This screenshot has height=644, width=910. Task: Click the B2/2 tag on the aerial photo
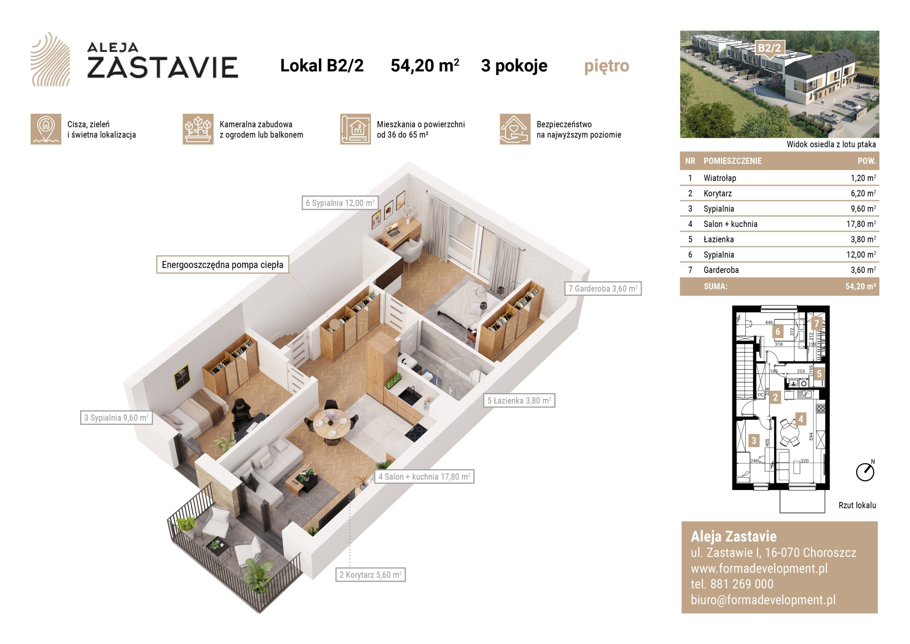(769, 48)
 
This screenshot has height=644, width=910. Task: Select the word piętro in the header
(606, 66)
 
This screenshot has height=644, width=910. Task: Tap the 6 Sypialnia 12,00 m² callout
(340, 203)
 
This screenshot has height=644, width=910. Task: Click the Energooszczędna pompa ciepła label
(223, 265)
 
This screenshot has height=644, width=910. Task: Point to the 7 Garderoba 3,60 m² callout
(603, 289)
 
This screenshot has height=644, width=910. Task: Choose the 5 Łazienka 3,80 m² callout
(519, 400)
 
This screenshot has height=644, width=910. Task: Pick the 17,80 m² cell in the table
(861, 224)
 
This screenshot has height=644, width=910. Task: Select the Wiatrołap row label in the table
(720, 178)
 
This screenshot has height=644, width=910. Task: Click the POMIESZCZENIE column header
(732, 161)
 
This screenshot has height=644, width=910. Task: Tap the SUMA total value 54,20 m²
(861, 286)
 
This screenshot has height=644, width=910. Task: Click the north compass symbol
(865, 471)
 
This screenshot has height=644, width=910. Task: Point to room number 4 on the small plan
(801, 419)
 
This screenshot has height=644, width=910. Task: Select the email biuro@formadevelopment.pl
(763, 600)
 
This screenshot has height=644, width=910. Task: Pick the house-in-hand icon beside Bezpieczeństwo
(515, 130)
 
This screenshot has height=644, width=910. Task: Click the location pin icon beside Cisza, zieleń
(46, 130)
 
